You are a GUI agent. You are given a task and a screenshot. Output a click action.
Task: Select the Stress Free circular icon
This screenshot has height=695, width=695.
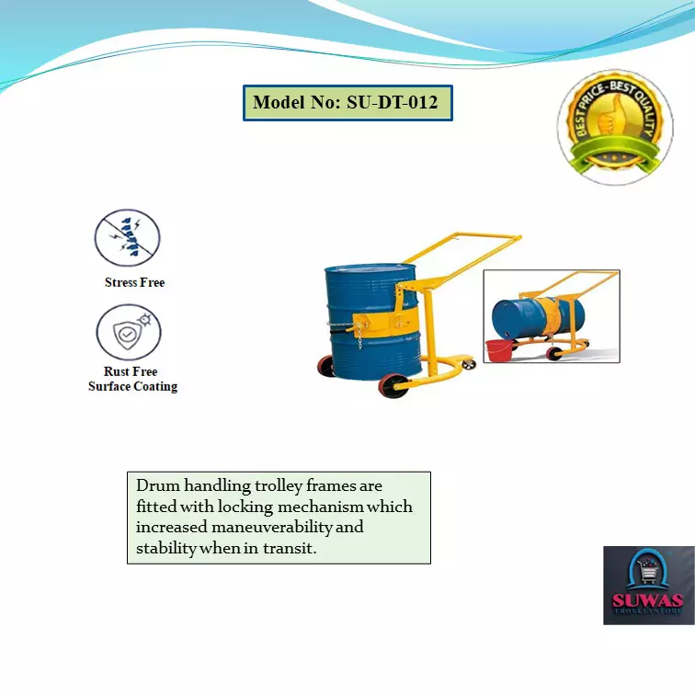[128, 238]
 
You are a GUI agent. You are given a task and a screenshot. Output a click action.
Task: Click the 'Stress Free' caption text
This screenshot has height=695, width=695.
[134, 282]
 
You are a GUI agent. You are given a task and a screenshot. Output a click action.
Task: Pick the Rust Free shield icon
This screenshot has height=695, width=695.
[128, 333]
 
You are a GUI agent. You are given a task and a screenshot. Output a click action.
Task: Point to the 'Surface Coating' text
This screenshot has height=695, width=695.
[132, 387]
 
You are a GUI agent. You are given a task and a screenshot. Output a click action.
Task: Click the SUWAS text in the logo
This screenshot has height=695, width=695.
[648, 601]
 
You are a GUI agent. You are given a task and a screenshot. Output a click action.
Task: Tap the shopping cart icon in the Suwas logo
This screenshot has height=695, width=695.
[648, 575]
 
